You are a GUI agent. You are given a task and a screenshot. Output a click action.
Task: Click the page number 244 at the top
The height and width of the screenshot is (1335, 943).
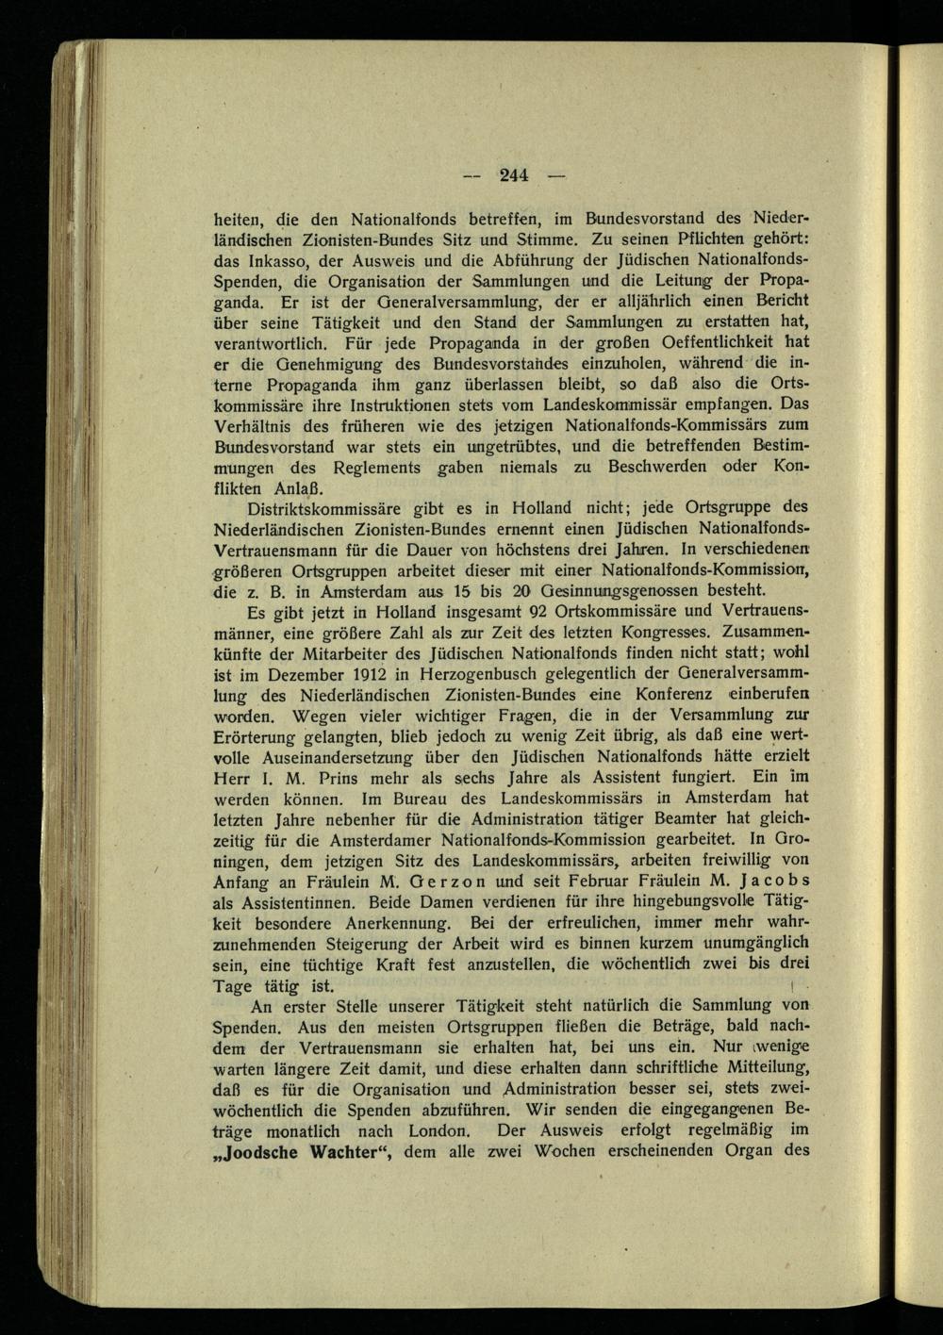click(514, 173)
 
